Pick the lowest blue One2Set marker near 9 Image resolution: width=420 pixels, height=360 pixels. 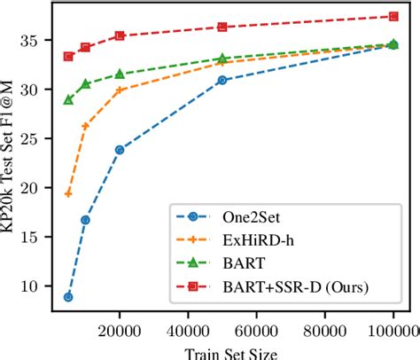pyautogui.click(x=68, y=297)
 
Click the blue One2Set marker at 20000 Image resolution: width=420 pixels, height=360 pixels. pyautogui.click(x=120, y=150)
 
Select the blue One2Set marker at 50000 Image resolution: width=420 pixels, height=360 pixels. pyautogui.click(x=222, y=80)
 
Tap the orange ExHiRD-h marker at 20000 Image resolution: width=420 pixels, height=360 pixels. pyautogui.click(x=120, y=90)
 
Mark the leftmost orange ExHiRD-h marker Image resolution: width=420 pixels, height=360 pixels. pyautogui.click(x=68, y=193)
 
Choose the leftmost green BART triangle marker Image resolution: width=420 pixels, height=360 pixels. pyautogui.click(x=68, y=99)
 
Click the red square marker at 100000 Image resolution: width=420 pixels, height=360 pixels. pyautogui.click(x=393, y=16)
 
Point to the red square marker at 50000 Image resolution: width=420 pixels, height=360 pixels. pyautogui.click(x=222, y=27)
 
